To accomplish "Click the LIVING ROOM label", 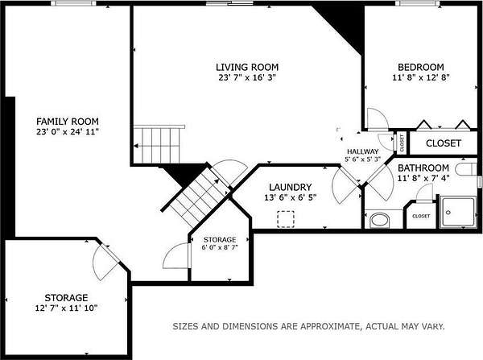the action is tap(247, 67).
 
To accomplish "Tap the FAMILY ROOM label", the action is tap(68, 121).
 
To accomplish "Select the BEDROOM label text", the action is tap(421, 67).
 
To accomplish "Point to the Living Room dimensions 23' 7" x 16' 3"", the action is tap(247, 77).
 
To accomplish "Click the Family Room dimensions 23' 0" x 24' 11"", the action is tap(68, 131).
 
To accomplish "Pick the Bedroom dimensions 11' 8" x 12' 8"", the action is tap(421, 77).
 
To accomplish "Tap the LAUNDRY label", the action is tap(290, 187).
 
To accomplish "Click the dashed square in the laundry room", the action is tap(286, 219).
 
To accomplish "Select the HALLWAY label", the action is tap(362, 151).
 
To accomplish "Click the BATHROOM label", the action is tap(423, 168).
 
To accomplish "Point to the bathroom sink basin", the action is tap(379, 221).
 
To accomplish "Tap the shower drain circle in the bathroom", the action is tap(448, 213).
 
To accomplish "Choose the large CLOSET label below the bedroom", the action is tap(444, 143).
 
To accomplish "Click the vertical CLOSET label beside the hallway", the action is tap(402, 143).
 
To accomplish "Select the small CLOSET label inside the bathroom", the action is tap(421, 216).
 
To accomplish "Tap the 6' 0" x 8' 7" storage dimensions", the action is tap(220, 247).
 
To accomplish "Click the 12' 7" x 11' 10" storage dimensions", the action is tap(66, 308).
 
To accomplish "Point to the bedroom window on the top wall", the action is tap(417, 3).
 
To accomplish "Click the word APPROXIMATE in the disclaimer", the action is tap(329, 326).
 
